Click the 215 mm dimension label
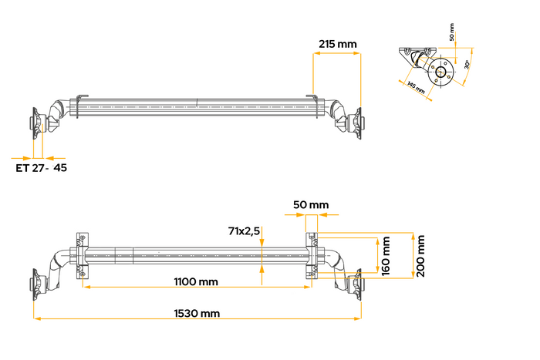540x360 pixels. [x=337, y=44]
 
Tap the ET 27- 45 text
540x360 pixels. [x=41, y=167]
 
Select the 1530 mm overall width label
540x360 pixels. [x=196, y=313]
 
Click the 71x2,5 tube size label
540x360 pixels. [x=244, y=230]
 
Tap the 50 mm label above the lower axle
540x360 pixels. [x=310, y=205]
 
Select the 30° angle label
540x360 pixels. [x=467, y=66]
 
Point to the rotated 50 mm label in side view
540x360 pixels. [x=451, y=34]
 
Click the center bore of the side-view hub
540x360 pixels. [x=440, y=74]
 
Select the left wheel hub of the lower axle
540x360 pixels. [x=36, y=284]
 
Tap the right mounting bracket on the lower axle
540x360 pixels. [x=312, y=253]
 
